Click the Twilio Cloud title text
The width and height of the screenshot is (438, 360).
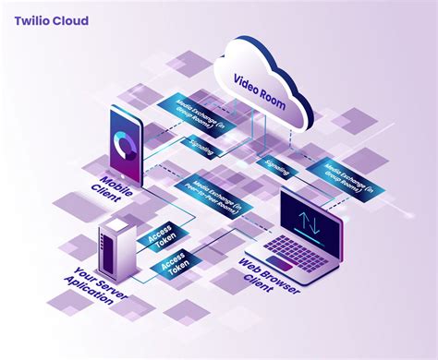[52, 20]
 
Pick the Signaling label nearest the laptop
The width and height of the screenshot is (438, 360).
[276, 166]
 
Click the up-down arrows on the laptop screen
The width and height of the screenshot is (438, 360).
[309, 222]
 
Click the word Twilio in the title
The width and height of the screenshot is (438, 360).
[33, 20]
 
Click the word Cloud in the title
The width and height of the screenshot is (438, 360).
[72, 20]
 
